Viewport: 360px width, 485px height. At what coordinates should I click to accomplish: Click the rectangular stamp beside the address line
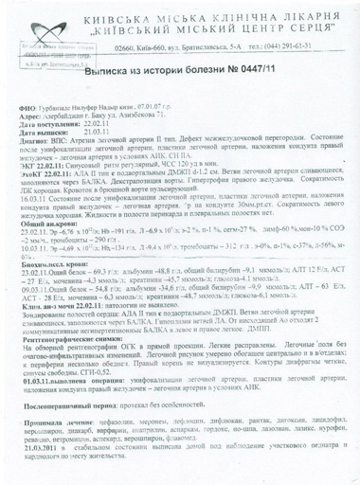click(x=35, y=58)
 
